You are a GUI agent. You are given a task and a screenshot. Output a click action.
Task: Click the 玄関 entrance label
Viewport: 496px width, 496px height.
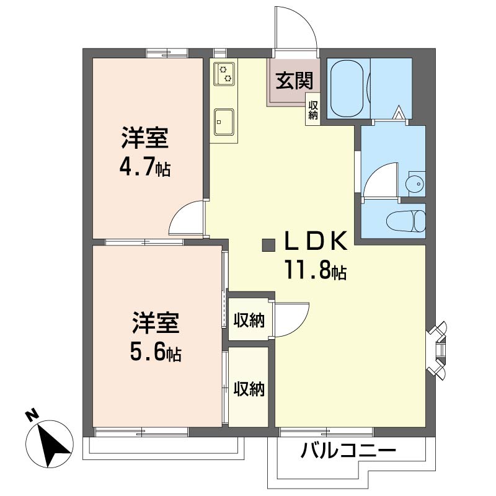coord(294,81)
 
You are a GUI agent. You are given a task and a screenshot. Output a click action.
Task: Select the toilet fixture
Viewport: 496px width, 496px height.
coord(406,221)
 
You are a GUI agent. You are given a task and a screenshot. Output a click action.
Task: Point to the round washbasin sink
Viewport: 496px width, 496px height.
coord(415,184)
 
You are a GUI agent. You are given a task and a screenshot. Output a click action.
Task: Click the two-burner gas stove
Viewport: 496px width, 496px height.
coord(224,74)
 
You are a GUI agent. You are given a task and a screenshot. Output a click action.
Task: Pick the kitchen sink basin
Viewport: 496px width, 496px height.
coord(224,122)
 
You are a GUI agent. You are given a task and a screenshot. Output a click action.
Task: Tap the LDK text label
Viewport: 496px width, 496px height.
coord(315,241)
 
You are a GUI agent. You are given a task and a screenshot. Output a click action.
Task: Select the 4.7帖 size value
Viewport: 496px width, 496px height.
coord(145,167)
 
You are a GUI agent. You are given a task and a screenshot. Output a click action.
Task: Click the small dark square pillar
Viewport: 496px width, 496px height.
coord(268,246)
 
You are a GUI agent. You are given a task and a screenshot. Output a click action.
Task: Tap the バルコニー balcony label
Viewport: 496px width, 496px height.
coord(348,450)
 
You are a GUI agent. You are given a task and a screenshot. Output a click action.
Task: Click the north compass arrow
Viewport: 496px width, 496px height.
coord(51,445)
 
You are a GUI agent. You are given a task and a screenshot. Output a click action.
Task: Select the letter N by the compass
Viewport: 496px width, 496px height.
coord(32,415)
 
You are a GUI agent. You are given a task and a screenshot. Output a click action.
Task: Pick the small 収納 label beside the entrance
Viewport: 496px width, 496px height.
coord(313,110)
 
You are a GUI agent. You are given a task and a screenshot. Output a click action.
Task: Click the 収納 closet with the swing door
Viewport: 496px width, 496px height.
coord(249,320)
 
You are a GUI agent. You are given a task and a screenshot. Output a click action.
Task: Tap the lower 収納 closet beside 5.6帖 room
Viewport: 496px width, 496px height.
coord(249,388)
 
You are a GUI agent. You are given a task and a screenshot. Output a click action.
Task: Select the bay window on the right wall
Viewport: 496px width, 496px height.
coord(437,350)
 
